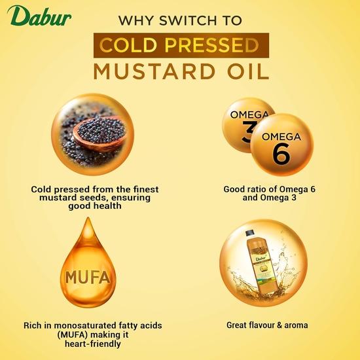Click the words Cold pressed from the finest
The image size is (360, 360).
coord(95,189)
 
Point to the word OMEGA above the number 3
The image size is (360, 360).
coord(248,115)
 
